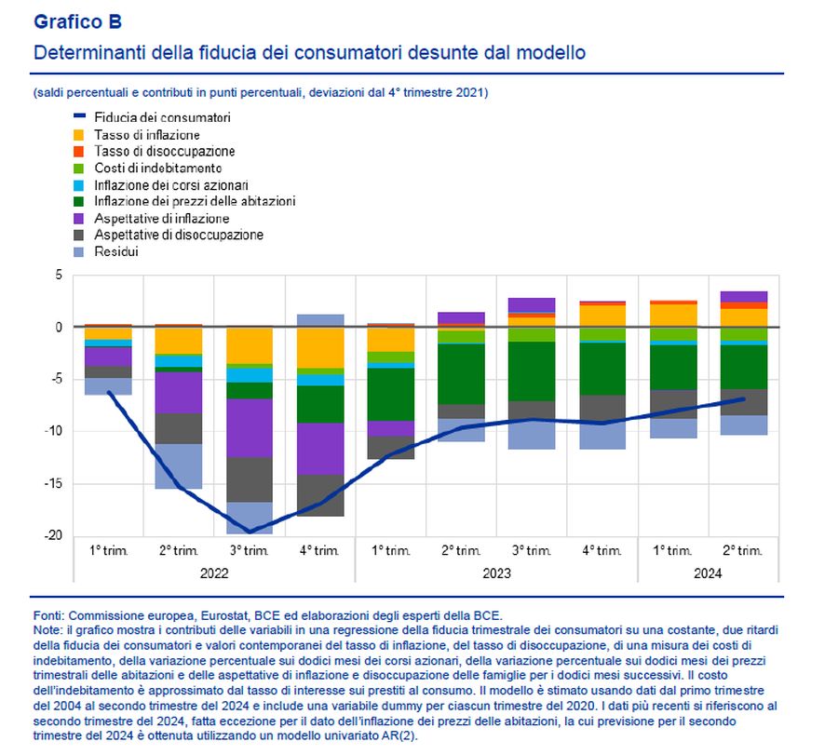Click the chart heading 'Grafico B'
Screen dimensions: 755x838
[78, 21]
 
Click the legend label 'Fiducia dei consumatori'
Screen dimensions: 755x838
[163, 117]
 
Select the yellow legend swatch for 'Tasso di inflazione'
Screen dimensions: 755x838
[79, 135]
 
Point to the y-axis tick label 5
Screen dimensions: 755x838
[58, 276]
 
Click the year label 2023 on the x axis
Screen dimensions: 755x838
[496, 574]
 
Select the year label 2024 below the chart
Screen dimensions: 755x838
[708, 574]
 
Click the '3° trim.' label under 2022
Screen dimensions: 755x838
[250, 551]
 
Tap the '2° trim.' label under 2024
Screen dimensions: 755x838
[744, 551]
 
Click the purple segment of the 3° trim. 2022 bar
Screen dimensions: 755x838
[250, 427]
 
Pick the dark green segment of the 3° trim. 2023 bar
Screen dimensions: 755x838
[532, 371]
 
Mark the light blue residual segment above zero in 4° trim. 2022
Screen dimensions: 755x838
[320, 320]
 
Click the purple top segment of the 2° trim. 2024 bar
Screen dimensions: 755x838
[744, 296]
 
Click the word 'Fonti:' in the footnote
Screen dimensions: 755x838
[47, 615]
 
